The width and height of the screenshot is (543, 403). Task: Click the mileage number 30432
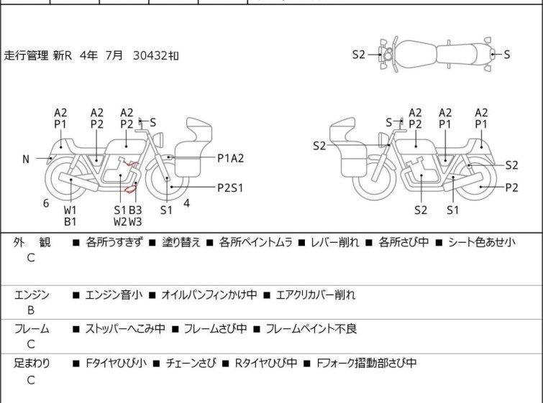click(x=150, y=55)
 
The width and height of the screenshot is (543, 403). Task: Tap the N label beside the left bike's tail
click(x=26, y=159)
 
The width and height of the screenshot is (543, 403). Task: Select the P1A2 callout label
click(x=231, y=158)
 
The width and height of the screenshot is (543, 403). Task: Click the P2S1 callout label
click(x=230, y=187)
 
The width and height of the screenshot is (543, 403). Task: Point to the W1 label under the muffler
click(x=70, y=210)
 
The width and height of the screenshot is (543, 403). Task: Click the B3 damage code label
click(x=135, y=210)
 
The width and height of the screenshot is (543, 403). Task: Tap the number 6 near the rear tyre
click(x=46, y=203)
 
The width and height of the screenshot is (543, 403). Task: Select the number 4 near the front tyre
click(x=187, y=203)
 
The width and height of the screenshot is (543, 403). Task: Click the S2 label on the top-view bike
click(x=359, y=55)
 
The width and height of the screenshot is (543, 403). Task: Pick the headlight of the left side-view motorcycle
click(x=158, y=139)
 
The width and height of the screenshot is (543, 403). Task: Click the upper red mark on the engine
click(x=132, y=163)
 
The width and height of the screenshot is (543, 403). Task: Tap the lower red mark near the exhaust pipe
click(x=130, y=189)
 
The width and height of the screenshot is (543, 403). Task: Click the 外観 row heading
click(x=32, y=242)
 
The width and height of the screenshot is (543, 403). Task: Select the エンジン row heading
click(x=32, y=295)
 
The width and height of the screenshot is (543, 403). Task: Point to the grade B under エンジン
click(x=31, y=310)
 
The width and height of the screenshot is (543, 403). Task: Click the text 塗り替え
click(x=181, y=242)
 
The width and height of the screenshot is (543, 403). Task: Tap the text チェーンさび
click(x=191, y=363)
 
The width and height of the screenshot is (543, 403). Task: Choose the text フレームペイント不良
click(x=311, y=328)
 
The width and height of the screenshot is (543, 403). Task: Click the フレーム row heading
click(x=32, y=328)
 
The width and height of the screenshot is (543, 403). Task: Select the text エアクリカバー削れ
click(x=316, y=295)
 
